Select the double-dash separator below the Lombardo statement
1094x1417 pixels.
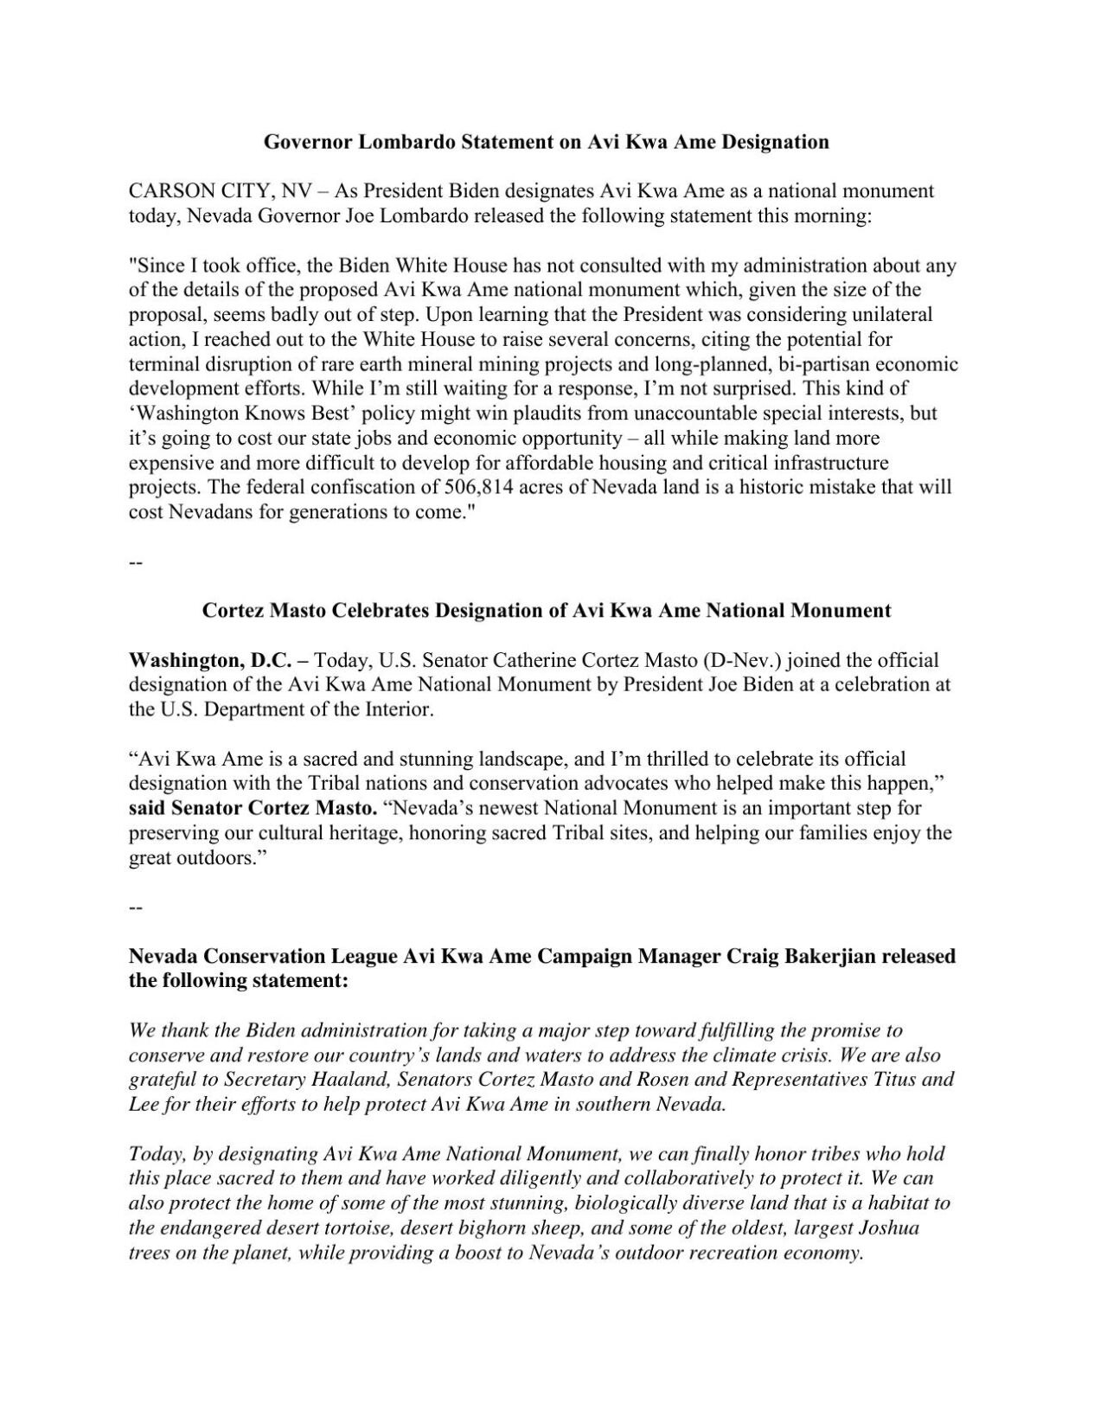click(x=134, y=562)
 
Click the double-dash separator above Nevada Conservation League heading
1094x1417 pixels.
click(x=134, y=908)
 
